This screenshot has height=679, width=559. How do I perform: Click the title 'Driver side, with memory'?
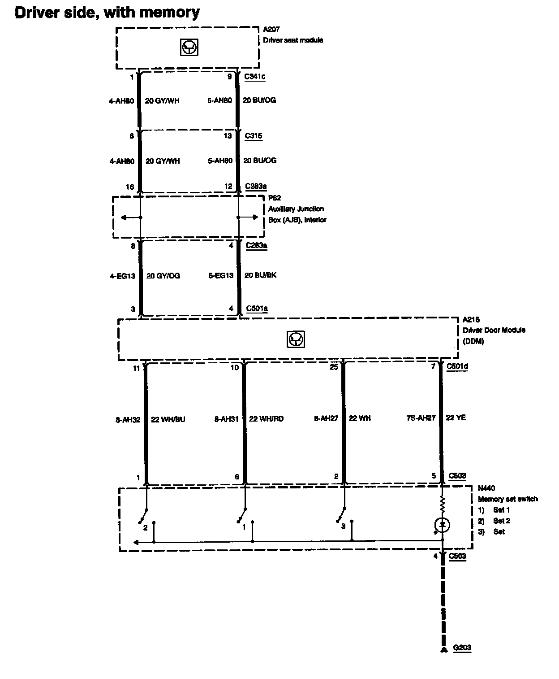tap(107, 13)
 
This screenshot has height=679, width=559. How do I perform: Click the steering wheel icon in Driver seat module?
tap(189, 47)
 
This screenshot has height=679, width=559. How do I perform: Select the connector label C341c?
tap(254, 77)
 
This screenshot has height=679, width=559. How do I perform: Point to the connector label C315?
tap(254, 136)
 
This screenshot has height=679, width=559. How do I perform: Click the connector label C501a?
tap(257, 309)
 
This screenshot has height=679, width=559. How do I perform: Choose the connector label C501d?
tap(457, 366)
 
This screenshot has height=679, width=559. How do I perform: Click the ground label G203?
tap(462, 648)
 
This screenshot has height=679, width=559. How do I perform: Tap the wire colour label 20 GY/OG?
tap(163, 276)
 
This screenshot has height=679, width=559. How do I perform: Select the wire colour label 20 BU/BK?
tap(260, 275)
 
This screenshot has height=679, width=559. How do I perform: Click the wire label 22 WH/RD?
tap(266, 419)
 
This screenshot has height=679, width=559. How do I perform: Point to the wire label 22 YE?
tap(456, 418)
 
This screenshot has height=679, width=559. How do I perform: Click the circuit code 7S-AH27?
tap(421, 418)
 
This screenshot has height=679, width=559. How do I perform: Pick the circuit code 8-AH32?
tap(128, 420)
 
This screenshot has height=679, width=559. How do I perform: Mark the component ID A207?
tap(271, 30)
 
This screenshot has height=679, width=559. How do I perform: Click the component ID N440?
tap(486, 488)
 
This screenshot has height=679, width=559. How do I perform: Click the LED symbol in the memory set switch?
tap(443, 525)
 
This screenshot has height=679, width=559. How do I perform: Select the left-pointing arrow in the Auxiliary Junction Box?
tap(129, 218)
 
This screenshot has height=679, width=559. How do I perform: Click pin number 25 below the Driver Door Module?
tap(334, 367)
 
